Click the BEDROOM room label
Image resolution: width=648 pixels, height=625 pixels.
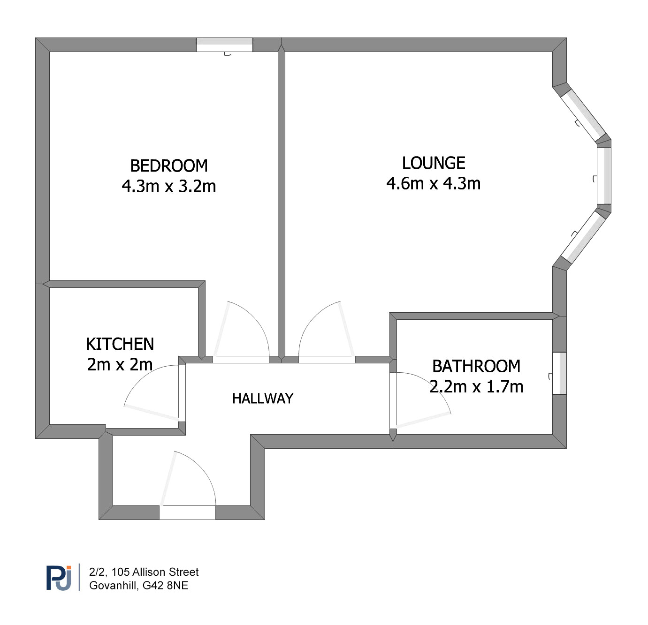coord(168,166)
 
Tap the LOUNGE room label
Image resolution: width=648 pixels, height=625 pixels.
coord(433,163)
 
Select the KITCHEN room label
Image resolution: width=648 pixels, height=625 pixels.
coord(120,344)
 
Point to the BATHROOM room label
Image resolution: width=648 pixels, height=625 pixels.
coord(476,366)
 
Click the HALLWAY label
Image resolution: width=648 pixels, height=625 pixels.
coord(263,399)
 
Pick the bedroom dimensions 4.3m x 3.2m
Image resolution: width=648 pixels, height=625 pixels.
coord(169,186)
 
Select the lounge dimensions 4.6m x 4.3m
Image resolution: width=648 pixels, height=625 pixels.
coord(433,184)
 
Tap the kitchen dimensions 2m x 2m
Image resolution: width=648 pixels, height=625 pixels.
coord(120,365)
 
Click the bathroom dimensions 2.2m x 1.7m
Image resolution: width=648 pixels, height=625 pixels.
coord(476,387)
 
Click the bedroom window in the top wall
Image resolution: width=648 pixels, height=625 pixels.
coord(224,45)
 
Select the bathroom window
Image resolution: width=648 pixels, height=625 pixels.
coord(559,373)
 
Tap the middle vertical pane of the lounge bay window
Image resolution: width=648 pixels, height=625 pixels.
coord(604,176)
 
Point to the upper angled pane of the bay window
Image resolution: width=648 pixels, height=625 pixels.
coord(583,115)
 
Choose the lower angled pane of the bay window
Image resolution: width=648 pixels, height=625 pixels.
coord(583,237)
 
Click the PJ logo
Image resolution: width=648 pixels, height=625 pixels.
coord(59,578)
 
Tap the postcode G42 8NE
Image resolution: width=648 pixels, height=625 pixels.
coord(165,586)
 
